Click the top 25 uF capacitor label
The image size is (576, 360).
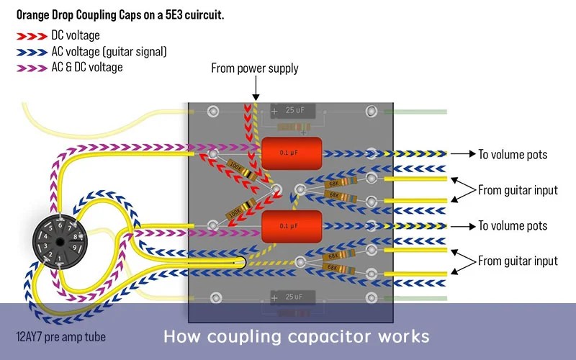tap(293, 111)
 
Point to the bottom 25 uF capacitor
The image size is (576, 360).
tap(293, 297)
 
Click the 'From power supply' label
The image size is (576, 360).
tap(254, 68)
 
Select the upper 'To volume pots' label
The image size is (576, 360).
tap(513, 154)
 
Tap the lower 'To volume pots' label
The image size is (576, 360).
tap(513, 226)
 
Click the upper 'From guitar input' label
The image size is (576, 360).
tap(518, 190)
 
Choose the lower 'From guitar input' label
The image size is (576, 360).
tap(518, 261)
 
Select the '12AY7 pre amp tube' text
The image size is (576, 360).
tap(60, 336)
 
